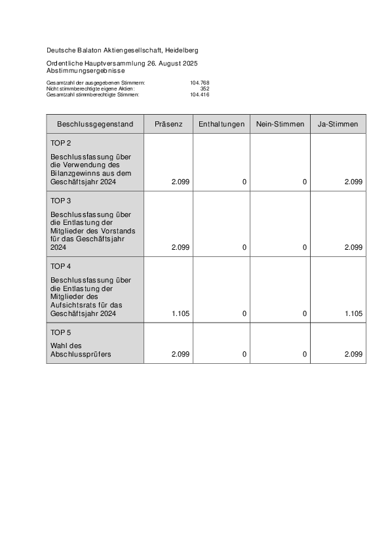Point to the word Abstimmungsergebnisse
coord(85,69)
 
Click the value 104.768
coord(199,83)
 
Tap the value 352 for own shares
coord(205,89)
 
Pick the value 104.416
coord(199,94)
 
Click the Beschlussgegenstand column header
coord(95,124)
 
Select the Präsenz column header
coord(168,124)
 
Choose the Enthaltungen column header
coord(222,124)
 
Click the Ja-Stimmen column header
coord(338,124)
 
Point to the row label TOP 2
coord(61,143)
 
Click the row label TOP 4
coord(61,266)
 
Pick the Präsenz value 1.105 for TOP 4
coord(180,314)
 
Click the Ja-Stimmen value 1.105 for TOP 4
coord(353,314)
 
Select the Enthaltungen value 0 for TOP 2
coord(244,182)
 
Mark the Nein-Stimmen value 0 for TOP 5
coord(305,354)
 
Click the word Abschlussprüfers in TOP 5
coord(81,354)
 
